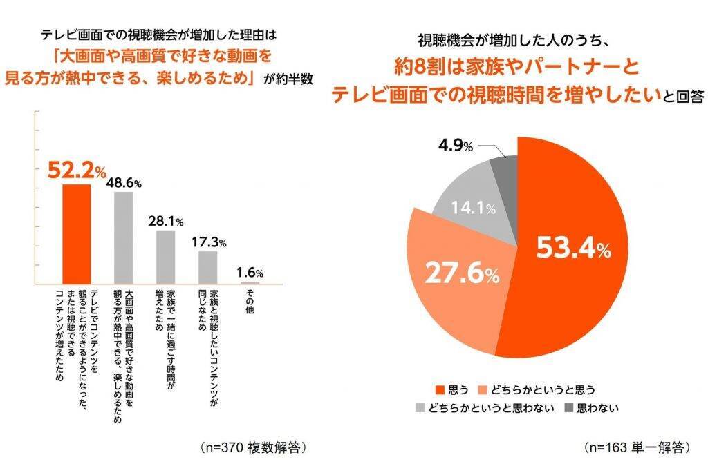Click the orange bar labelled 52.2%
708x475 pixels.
tap(77, 234)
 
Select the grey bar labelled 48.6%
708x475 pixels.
tap(123, 237)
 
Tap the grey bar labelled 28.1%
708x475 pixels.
tap(165, 257)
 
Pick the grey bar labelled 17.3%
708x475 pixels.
tap(208, 267)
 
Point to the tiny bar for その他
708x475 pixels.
tap(250, 282)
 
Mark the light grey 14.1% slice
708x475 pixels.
tap(474, 207)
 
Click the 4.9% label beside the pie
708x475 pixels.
tap(456, 146)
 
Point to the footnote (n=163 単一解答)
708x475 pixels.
tap(637, 447)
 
